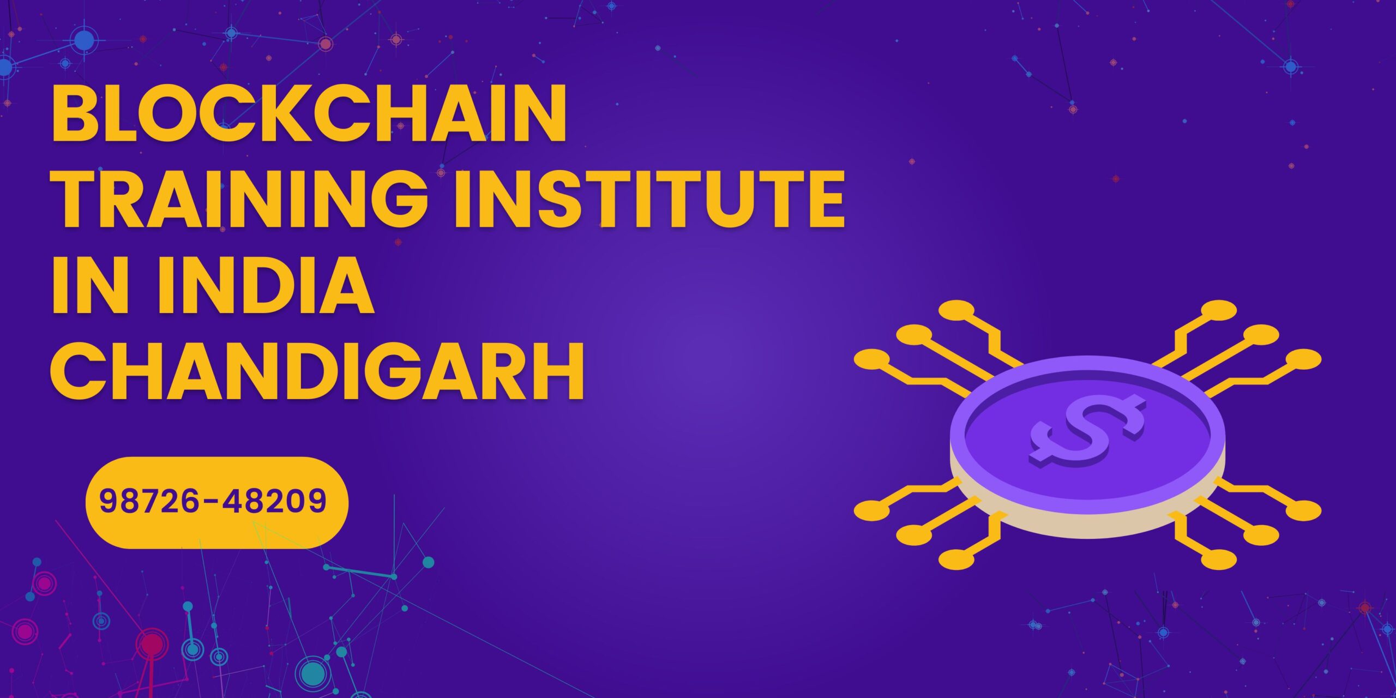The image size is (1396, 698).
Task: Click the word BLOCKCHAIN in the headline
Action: click(x=309, y=113)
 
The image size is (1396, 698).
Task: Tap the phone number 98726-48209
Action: click(x=213, y=501)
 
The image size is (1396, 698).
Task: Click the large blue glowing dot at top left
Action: click(x=84, y=40)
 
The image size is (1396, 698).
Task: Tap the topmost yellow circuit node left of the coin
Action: click(x=957, y=310)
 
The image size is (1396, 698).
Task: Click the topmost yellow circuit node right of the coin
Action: click(x=1219, y=310)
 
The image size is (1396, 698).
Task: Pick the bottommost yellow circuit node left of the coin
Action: click(x=957, y=559)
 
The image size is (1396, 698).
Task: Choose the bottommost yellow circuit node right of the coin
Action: click(x=1219, y=559)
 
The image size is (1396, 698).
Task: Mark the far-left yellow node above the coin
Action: click(x=872, y=360)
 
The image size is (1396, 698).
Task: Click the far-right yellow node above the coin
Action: click(x=1303, y=360)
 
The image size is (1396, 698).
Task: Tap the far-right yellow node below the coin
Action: click(x=1303, y=510)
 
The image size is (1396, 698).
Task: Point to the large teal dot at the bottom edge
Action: click(x=313, y=674)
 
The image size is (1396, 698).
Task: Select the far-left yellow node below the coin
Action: click(x=872, y=510)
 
